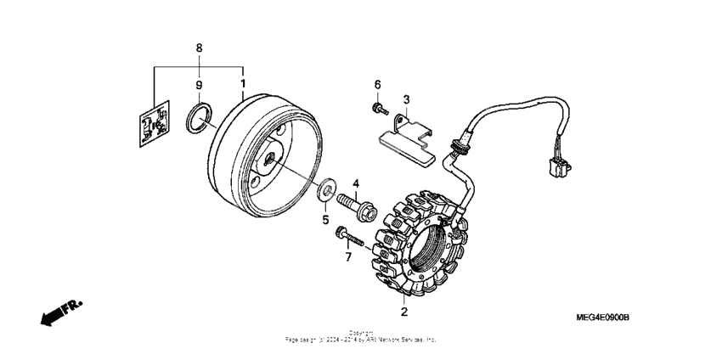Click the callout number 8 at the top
[x=199, y=48]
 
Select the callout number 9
[x=199, y=85]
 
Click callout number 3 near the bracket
[x=406, y=100]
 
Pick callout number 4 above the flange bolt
[x=357, y=183]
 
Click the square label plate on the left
[x=154, y=125]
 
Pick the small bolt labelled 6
[x=377, y=109]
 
